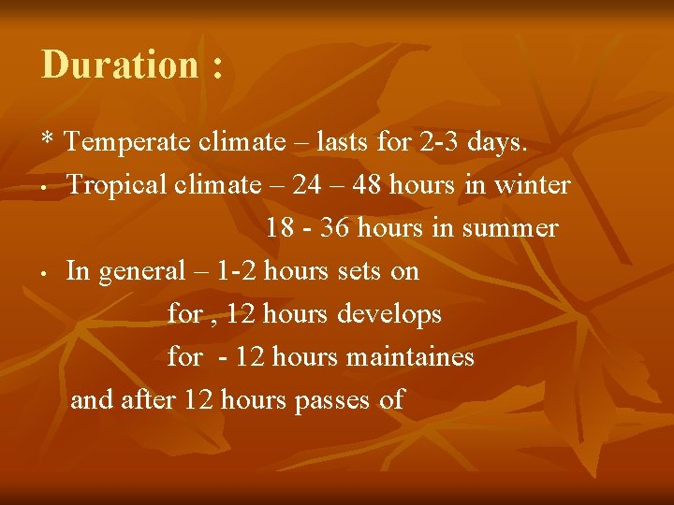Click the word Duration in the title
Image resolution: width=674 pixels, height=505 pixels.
(120, 65)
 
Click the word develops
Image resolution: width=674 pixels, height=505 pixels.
(388, 315)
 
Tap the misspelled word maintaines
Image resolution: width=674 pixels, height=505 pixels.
(411, 357)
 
